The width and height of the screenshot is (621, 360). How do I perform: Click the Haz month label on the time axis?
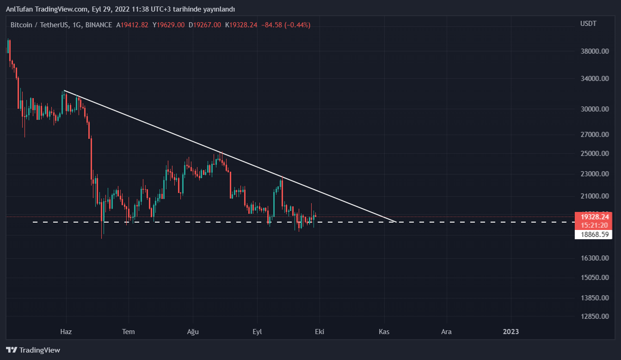pyautogui.click(x=66, y=332)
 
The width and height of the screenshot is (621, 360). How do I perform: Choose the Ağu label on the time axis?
pyautogui.click(x=192, y=332)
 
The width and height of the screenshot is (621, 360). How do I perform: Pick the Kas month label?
pyautogui.click(x=384, y=332)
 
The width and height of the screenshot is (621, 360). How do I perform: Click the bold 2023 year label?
pyautogui.click(x=511, y=332)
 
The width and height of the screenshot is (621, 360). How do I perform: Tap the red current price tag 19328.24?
pyautogui.click(x=593, y=217)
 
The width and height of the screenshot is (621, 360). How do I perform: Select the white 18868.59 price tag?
pyautogui.click(x=593, y=235)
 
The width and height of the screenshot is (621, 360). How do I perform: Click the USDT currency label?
pyautogui.click(x=588, y=24)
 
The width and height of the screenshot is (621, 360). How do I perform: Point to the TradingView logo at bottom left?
pyautogui.click(x=33, y=350)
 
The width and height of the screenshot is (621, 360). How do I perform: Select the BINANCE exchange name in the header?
pyautogui.click(x=98, y=25)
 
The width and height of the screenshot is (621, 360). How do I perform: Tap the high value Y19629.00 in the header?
pyautogui.click(x=169, y=25)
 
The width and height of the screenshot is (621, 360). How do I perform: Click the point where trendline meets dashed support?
pyautogui.click(x=396, y=222)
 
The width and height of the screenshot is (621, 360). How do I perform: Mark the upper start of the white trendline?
pyautogui.click(x=64, y=90)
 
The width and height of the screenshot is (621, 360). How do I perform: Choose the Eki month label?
pyautogui.click(x=319, y=332)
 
